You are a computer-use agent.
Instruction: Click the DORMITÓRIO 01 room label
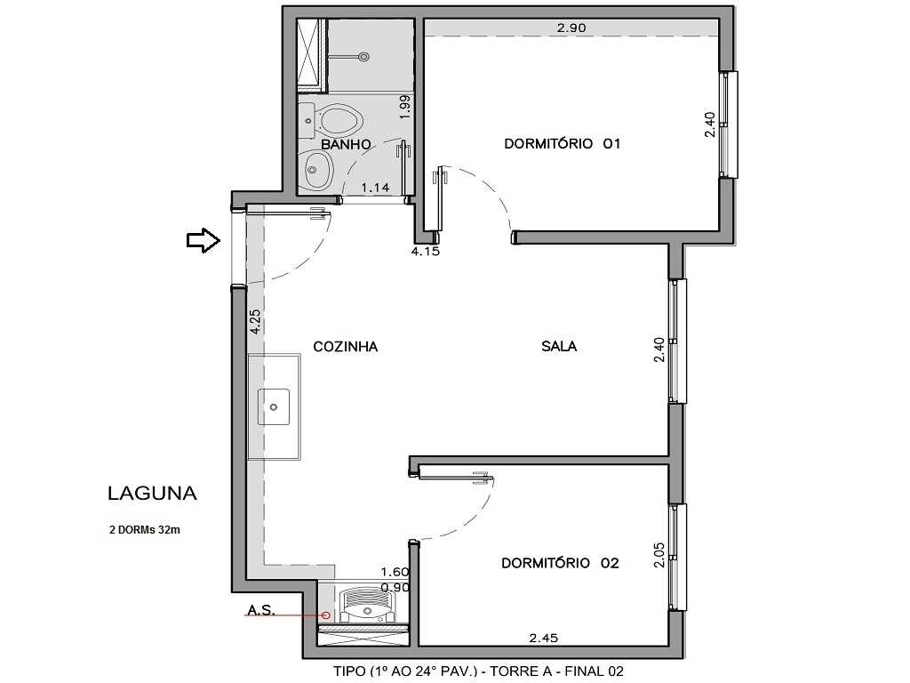561,143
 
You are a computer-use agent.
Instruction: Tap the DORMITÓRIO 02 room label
560,563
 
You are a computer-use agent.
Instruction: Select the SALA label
559,346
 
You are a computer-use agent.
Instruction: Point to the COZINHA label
346,346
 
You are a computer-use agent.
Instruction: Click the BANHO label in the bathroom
346,143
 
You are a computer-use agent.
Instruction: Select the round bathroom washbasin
316,166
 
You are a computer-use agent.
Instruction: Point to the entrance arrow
203,240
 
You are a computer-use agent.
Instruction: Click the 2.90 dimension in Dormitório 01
571,28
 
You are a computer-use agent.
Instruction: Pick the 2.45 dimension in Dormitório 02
543,637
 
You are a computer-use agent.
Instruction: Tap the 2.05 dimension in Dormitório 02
659,554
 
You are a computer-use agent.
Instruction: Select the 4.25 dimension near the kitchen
256,321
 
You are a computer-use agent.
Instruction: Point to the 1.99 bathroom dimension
404,108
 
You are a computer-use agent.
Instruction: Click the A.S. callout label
261,611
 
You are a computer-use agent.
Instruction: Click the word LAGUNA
152,493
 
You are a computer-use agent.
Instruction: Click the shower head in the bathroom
362,57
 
